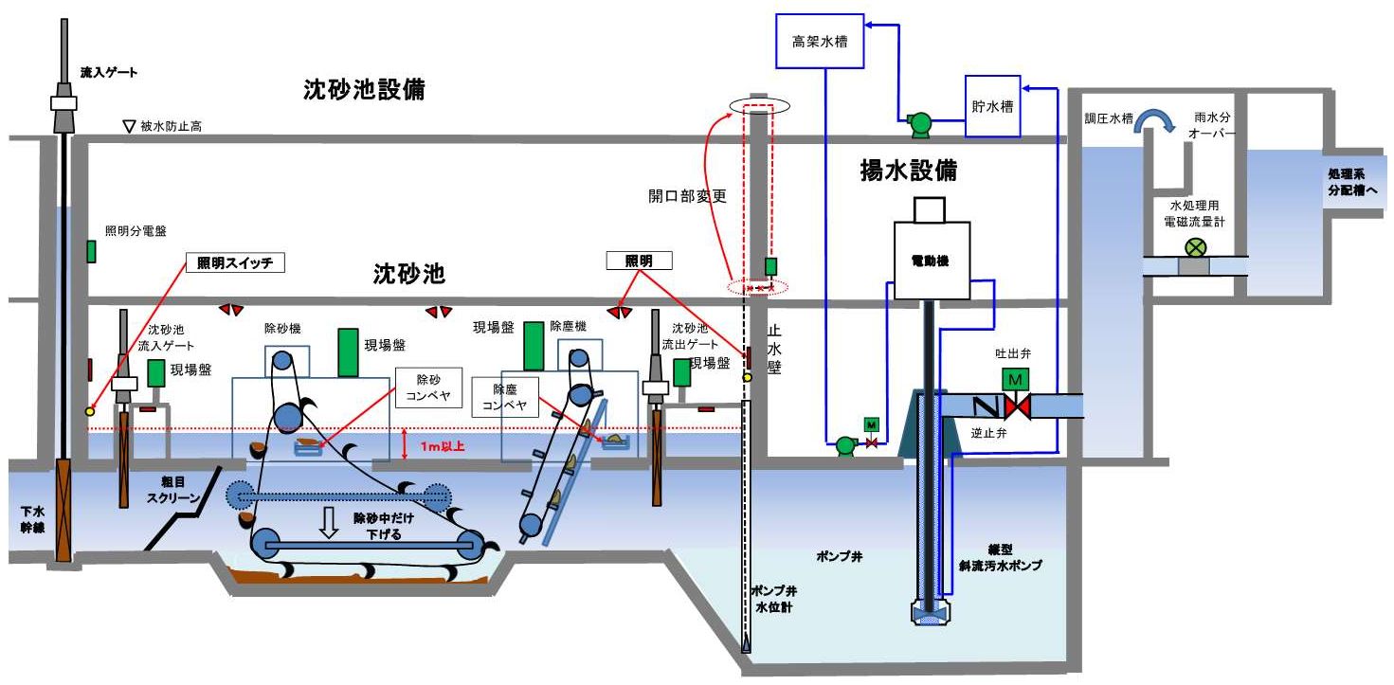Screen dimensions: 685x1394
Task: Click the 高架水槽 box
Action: pyautogui.click(x=820, y=42)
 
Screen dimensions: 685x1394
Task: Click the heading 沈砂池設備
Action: pyautogui.click(x=363, y=90)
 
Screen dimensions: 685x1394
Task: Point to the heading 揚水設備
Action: pyautogui.click(x=908, y=171)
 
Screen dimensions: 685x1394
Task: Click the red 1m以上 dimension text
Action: pyautogui.click(x=442, y=445)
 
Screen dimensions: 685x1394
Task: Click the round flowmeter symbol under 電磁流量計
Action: pyautogui.click(x=1196, y=247)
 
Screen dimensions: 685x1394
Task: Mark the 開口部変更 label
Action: pyautogui.click(x=687, y=196)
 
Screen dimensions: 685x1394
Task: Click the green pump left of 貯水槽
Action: pyautogui.click(x=919, y=121)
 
